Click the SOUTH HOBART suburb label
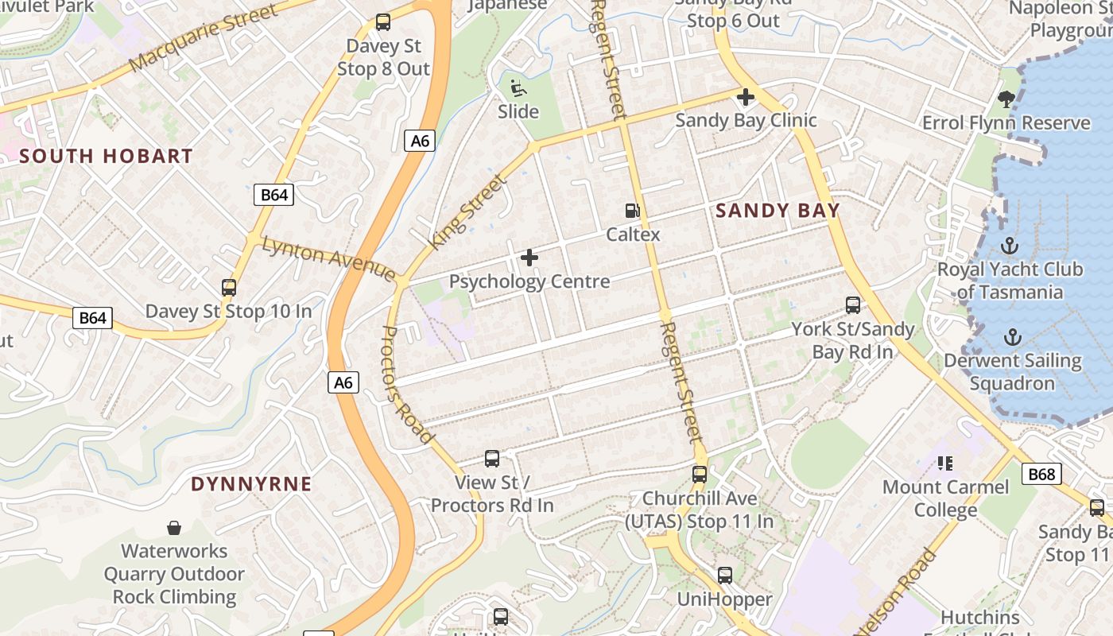(106, 156)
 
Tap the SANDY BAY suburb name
(778, 211)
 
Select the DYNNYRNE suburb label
(251, 484)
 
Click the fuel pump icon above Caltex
(633, 211)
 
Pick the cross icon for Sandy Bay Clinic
(745, 98)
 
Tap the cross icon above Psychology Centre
(529, 258)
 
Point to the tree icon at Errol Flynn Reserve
(1006, 99)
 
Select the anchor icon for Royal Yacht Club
(1010, 245)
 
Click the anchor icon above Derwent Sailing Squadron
(1011, 337)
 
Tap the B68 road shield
(1041, 475)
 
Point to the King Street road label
(467, 212)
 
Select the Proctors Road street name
(409, 384)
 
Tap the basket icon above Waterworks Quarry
(174, 528)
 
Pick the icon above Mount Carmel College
(945, 463)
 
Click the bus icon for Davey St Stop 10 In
(229, 288)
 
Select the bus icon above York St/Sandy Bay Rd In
(853, 305)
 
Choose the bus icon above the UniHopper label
(724, 576)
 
